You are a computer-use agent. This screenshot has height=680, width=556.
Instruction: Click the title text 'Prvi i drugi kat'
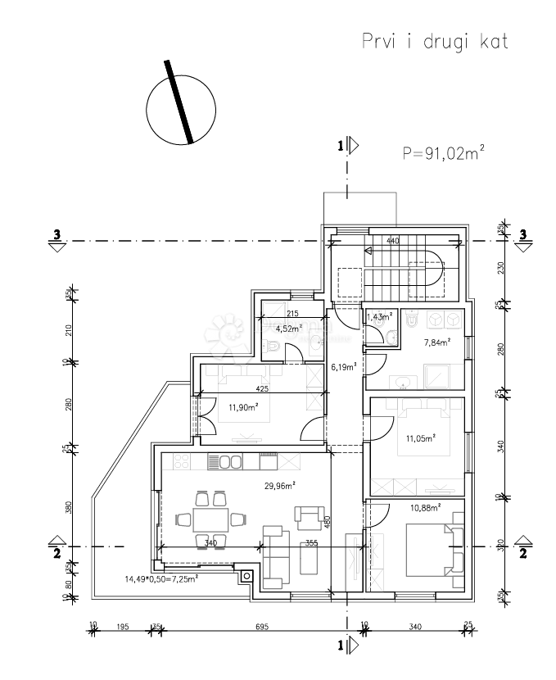[x=435, y=43]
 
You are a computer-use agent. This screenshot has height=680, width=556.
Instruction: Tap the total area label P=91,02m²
[x=443, y=152]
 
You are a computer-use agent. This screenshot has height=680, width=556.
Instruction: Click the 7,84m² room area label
[x=434, y=344]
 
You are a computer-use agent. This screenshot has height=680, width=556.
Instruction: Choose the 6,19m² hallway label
[x=344, y=368]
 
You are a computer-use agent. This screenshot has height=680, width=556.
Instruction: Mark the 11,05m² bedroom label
[x=420, y=438]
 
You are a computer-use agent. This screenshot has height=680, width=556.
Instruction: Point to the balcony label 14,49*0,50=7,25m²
[x=161, y=579]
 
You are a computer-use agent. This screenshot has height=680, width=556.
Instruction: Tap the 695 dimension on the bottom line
[x=261, y=627]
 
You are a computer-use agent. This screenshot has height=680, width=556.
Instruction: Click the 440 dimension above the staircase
[x=393, y=242]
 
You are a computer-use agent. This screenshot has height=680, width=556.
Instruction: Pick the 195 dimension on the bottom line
[x=124, y=627]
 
